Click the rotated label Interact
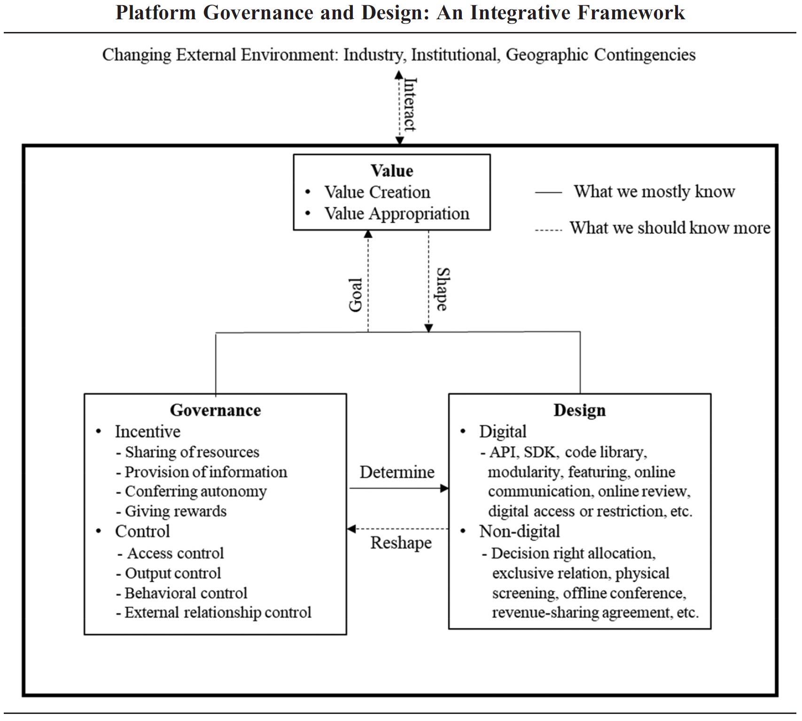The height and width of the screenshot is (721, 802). (410, 104)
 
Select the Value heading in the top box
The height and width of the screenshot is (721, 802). (391, 171)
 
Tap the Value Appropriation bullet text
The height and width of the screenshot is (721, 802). (397, 214)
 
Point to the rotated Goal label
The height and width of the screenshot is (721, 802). (356, 295)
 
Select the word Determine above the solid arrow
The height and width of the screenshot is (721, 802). (397, 472)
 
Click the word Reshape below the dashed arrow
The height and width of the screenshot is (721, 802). (401, 543)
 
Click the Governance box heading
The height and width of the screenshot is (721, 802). (215, 410)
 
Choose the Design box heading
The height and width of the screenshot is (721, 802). (579, 410)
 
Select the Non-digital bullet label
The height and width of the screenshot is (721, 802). (519, 531)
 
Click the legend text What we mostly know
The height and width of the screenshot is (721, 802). (654, 191)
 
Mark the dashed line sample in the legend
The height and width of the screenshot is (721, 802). (548, 230)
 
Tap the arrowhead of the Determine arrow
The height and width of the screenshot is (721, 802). (444, 488)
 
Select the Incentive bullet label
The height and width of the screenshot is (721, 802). (148, 431)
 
